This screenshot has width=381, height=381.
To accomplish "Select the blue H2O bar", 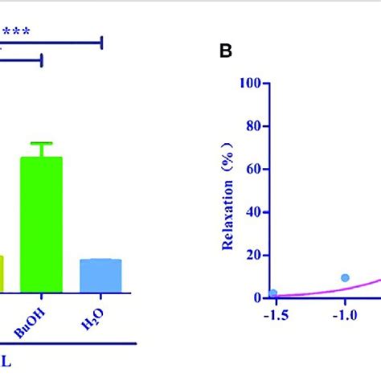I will pyautogui.click(x=100, y=275).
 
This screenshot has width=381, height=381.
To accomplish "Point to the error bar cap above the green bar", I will pyautogui.click(x=41, y=143).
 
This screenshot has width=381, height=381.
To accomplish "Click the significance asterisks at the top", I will pyautogui.click(x=15, y=33).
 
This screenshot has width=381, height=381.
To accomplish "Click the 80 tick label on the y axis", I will pyautogui.click(x=256, y=126).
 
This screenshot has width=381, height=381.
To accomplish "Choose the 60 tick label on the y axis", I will pyautogui.click(x=256, y=169).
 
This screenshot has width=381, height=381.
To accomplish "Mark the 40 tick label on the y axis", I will pyautogui.click(x=256, y=212).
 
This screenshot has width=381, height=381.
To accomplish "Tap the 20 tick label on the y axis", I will pyautogui.click(x=256, y=255).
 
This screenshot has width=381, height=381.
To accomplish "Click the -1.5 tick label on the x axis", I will pyautogui.click(x=275, y=315).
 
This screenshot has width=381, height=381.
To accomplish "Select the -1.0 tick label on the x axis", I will pyautogui.click(x=345, y=315).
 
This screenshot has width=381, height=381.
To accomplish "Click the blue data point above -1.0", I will pyautogui.click(x=345, y=277).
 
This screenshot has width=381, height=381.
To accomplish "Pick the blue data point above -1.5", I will pyautogui.click(x=273, y=293).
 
